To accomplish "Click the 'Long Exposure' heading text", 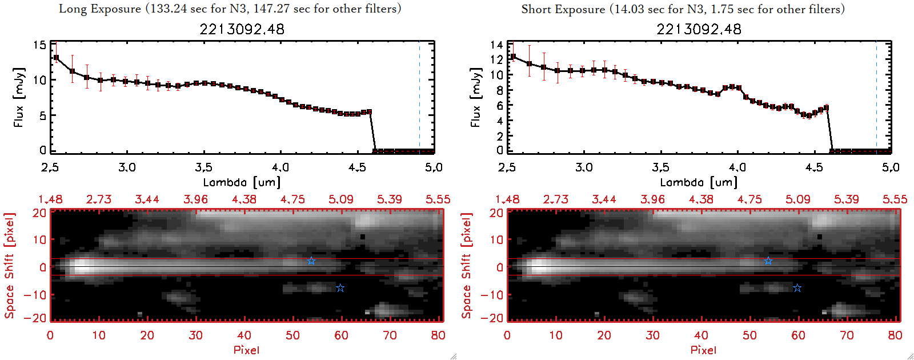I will point(100,9).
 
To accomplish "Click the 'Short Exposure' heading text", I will point(563,9).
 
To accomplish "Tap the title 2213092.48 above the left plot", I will point(242,29).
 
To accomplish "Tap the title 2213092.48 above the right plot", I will point(699,29).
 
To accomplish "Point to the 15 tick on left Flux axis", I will point(39,45).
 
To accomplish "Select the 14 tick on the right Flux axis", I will point(496,45).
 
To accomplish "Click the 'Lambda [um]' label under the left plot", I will point(242,182).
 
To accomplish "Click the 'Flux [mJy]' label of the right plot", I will point(475,97).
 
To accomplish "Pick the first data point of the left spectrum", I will point(56,58).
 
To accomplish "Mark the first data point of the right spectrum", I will point(513,57).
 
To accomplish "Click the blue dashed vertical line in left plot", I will point(419,97).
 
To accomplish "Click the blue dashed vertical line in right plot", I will point(876,97).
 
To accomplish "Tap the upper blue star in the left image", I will point(311,261).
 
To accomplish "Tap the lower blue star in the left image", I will point(340,288).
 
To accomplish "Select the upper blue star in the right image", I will point(768,261).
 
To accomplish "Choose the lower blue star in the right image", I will point(797,288).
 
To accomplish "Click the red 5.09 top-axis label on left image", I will point(341,199).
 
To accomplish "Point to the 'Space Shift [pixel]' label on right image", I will point(467,266).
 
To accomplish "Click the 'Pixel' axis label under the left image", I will point(246,350).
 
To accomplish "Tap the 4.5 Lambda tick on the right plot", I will point(814,167).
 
